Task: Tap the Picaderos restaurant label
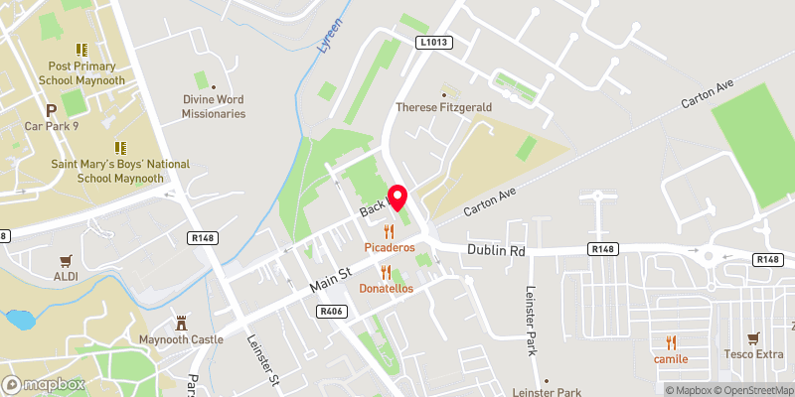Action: pyautogui.click(x=388, y=245)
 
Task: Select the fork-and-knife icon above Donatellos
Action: pyautogui.click(x=386, y=271)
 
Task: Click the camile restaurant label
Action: pyautogui.click(x=672, y=358)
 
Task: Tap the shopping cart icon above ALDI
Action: pyautogui.click(x=67, y=261)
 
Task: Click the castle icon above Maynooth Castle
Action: pyautogui.click(x=181, y=324)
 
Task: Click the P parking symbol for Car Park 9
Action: pyautogui.click(x=48, y=110)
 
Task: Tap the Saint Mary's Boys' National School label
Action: pyautogui.click(x=107, y=170)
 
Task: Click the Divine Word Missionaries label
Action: pyautogui.click(x=214, y=106)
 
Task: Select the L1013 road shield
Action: pyautogui.click(x=434, y=43)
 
